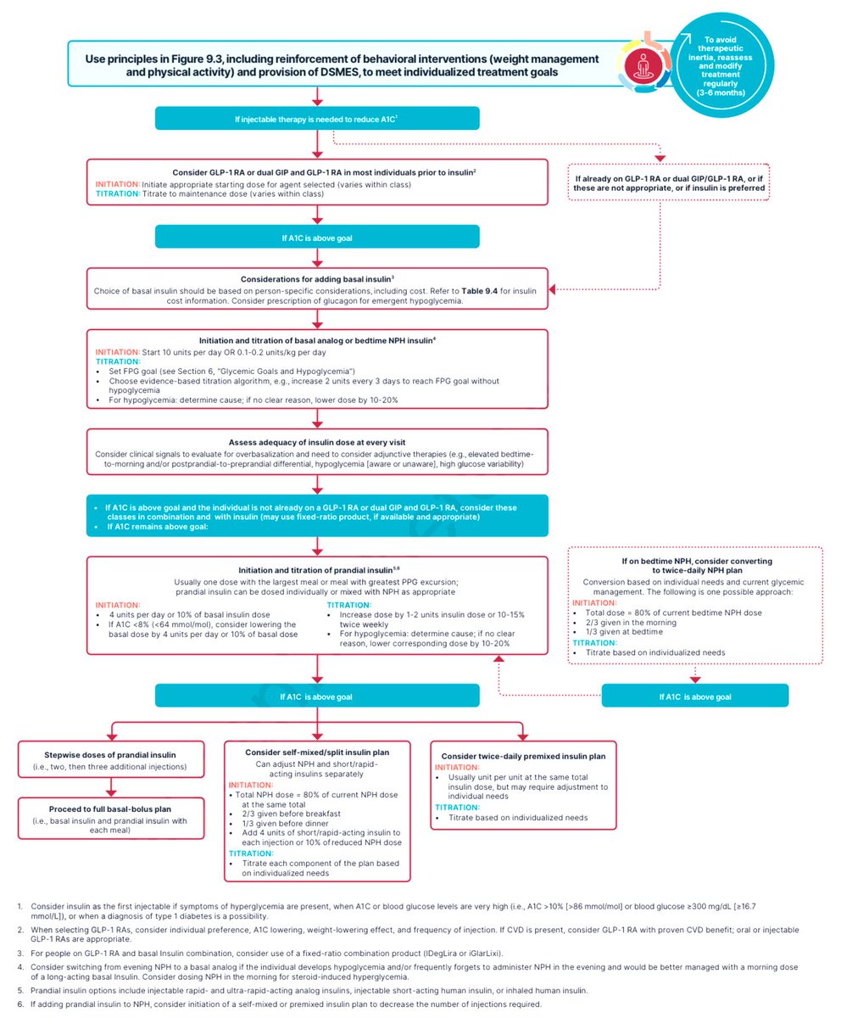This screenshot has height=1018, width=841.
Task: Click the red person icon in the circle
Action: click(x=643, y=66)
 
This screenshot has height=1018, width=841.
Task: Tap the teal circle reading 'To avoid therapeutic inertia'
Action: click(x=721, y=65)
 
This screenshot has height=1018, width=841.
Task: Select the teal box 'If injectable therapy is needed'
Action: click(x=317, y=119)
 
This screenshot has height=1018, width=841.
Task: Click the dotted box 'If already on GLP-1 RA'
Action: click(x=669, y=183)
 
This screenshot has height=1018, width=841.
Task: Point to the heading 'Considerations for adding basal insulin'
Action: click(x=317, y=279)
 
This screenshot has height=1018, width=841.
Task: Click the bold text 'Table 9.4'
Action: click(x=480, y=291)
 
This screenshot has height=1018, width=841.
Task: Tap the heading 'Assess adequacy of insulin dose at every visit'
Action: click(x=317, y=442)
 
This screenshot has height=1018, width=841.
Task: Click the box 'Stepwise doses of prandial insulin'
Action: click(x=111, y=759)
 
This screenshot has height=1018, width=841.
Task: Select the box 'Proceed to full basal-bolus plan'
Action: click(x=111, y=818)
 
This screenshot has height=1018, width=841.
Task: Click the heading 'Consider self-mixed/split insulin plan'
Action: click(x=317, y=752)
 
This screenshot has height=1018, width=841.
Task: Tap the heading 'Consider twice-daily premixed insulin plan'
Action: click(x=523, y=756)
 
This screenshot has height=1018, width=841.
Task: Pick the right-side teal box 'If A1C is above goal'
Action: click(x=695, y=696)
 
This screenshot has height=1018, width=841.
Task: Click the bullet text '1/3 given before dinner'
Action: click(x=285, y=824)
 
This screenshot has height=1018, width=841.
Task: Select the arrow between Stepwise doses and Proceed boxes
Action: click(x=111, y=787)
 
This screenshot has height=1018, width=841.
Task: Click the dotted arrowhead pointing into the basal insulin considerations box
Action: click(x=552, y=289)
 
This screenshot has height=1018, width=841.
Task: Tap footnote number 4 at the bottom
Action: click(x=20, y=967)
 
